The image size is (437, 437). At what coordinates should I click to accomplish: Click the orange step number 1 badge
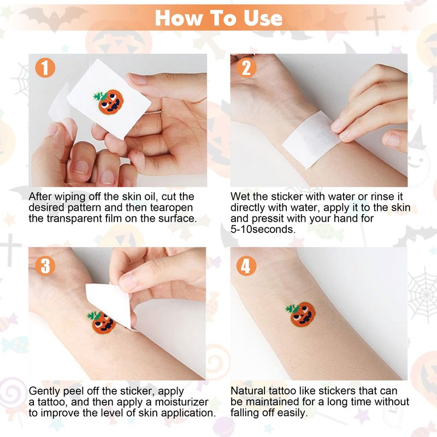[45, 68]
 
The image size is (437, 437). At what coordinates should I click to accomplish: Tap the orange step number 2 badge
[246, 68]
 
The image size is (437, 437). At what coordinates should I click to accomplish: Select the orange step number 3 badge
[45, 266]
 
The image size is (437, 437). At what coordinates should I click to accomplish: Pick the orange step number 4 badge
[246, 266]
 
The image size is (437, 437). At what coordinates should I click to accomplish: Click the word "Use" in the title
[263, 18]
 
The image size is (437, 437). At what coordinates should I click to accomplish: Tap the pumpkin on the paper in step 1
[108, 102]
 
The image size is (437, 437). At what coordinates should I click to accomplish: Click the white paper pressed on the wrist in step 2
[310, 139]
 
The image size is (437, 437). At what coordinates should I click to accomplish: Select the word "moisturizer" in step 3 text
[181, 402]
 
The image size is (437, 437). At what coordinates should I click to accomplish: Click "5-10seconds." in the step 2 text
[263, 229]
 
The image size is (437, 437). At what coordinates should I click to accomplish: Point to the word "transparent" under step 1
[74, 218]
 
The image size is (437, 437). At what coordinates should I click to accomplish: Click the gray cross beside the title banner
[375, 21]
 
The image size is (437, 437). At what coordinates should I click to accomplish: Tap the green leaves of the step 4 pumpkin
[292, 309]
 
